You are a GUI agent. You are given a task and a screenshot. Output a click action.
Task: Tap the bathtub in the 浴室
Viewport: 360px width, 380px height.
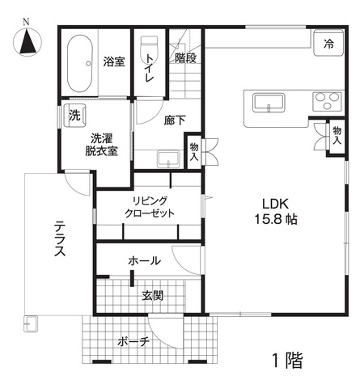pos(80,63)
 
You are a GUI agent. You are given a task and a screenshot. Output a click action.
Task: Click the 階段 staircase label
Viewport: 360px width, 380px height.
pos(185,58)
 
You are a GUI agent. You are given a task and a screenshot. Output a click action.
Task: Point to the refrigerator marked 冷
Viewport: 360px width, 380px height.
pos(328,42)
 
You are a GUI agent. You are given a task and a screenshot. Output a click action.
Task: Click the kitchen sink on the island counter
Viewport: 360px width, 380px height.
pos(269,103)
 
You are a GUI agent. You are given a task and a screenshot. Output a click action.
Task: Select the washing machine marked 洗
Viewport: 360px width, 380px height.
pos(74,116)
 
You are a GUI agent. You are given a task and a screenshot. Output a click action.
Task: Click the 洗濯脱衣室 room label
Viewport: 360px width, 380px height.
pos(101,145)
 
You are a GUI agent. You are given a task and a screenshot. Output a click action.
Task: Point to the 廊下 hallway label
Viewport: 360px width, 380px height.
pos(175,120)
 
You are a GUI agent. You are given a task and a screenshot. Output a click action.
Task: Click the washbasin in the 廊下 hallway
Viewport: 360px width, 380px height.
pos(168,159)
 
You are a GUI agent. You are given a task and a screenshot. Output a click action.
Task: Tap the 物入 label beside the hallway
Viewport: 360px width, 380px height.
pos(194,152)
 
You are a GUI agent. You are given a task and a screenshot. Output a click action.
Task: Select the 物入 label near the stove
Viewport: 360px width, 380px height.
pos(337,135)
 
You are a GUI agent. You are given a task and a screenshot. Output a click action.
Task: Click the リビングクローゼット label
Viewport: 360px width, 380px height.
pos(150,207)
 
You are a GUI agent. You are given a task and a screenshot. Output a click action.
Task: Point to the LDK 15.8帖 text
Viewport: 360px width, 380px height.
pos(276,212)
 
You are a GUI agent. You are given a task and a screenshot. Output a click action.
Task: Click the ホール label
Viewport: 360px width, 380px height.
pos(145,260)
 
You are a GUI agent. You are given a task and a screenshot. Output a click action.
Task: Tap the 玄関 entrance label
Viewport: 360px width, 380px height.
pos(153,296)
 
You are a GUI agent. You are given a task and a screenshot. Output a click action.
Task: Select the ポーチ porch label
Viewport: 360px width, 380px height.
pos(133,342)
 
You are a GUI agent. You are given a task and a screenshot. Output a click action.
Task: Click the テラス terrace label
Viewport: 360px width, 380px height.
pos(60,239)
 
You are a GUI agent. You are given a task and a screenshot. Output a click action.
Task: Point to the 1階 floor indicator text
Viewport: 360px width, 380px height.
pos(288,361)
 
